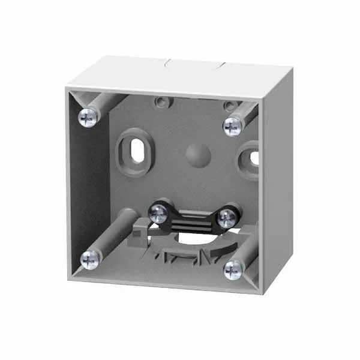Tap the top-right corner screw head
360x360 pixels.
(x=232, y=125)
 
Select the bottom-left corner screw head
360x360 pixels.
(x=91, y=259)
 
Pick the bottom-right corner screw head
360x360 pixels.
(x=233, y=271)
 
